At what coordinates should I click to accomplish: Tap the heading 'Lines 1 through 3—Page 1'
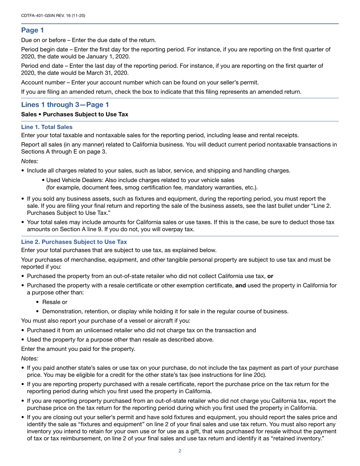click(x=65, y=105)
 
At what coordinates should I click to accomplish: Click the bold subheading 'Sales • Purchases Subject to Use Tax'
click(x=75, y=114)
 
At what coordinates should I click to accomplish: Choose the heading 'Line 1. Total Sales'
click(x=47, y=127)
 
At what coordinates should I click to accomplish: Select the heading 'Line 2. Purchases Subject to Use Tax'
click(x=74, y=242)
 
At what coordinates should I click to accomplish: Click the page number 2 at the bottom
click(x=180, y=451)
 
